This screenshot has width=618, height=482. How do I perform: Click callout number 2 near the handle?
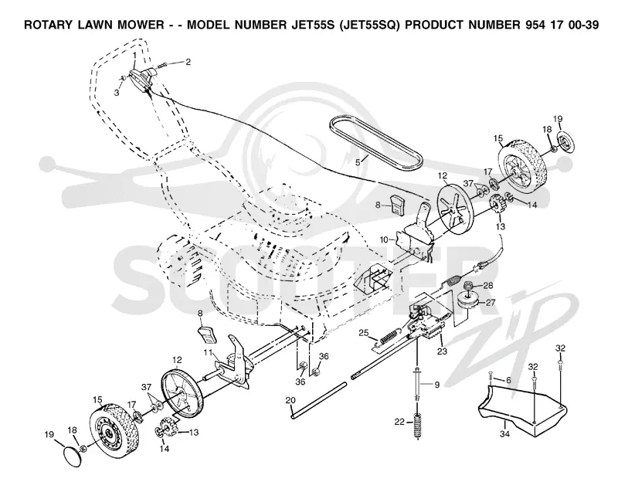[x=188, y=62]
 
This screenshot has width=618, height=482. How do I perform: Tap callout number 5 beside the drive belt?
[x=358, y=161]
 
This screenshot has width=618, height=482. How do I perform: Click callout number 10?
[x=384, y=239]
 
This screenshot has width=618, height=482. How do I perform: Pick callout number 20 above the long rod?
[x=290, y=400]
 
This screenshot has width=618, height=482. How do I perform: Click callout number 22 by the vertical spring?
[x=399, y=422]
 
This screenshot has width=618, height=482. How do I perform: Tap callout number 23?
[x=442, y=351]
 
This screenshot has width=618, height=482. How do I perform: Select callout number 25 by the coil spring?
[x=363, y=333]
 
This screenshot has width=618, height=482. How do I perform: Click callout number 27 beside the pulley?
[x=491, y=303]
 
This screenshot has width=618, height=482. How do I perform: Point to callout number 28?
[x=488, y=285]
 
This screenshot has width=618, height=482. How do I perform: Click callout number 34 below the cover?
[x=505, y=434]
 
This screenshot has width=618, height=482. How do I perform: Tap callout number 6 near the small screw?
[x=508, y=380]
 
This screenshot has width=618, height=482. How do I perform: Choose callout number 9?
[x=436, y=385]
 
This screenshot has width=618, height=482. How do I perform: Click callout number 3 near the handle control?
[x=117, y=92]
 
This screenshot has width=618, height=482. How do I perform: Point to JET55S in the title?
[x=314, y=25]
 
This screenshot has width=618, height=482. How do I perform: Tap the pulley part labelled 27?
[x=468, y=303]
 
